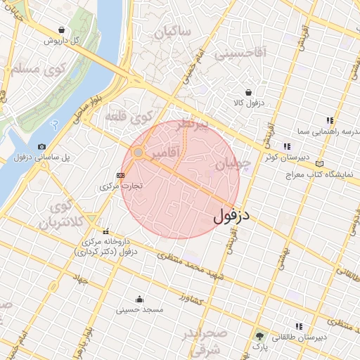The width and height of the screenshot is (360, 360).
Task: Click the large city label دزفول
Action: (x=232, y=213)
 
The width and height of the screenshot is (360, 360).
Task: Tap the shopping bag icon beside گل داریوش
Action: (x=63, y=30)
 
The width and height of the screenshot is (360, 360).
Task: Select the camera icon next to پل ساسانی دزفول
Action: (x=42, y=146)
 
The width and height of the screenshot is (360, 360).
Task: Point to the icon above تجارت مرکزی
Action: (x=120, y=175)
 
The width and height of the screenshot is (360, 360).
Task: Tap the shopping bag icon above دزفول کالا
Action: (x=248, y=92)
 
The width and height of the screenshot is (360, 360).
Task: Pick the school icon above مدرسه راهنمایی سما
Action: (x=329, y=120)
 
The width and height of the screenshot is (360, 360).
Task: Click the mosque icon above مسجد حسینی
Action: (x=139, y=298)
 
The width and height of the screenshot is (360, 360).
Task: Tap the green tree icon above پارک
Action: (x=261, y=336)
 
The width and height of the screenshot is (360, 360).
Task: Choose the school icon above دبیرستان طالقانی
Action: (x=299, y=326)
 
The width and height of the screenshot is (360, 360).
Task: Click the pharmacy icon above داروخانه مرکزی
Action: (x=106, y=231)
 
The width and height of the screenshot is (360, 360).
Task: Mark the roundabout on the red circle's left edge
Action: (x=139, y=153)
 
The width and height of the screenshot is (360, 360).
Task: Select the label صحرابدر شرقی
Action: (x=204, y=341)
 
